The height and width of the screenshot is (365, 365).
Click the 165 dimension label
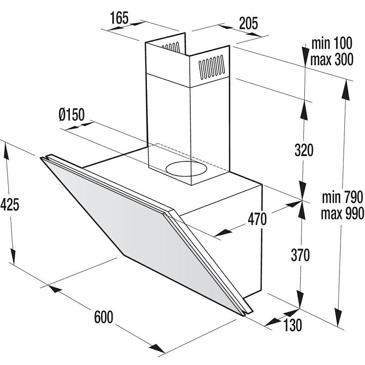point(119,18)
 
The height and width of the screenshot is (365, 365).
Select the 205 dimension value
point(249,23)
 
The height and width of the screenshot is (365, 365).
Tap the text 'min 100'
point(332,43)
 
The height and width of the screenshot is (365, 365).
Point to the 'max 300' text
point(332,59)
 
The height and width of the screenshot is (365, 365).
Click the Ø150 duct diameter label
point(72,115)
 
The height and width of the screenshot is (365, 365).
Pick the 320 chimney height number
point(304,150)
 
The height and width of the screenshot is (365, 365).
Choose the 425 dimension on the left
point(10,205)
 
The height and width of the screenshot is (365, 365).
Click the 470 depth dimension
point(257,219)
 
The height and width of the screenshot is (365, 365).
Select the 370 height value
point(300,255)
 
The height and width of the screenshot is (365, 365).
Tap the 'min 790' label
point(342,197)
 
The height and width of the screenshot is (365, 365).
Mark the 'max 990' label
point(342,213)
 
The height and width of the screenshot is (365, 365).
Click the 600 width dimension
point(104,317)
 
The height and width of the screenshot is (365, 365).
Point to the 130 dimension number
point(292,325)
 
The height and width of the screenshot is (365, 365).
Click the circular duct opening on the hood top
point(186,169)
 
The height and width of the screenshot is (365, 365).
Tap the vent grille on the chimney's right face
point(212,67)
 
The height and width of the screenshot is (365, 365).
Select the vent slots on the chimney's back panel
point(171,47)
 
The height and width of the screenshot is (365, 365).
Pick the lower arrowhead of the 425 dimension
point(13,256)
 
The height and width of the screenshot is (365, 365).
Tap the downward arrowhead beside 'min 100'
point(305,56)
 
